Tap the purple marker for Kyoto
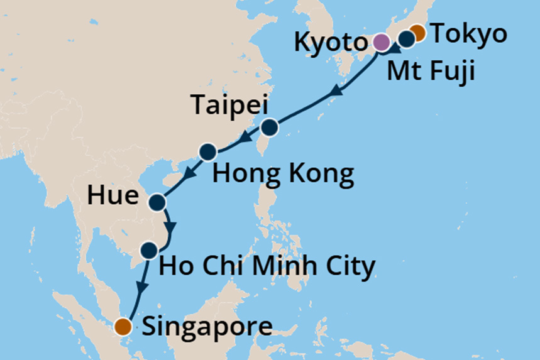coord(381,43)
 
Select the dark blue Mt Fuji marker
coord(407,39)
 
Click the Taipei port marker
coord(269,128)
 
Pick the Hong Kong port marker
coord(207,152)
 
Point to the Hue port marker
coord(157,202)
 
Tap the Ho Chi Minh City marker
coord(149,251)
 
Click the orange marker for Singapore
coord(123,326)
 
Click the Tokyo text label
coord(468,34)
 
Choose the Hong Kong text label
coord(283,174)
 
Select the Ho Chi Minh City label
coord(268,266)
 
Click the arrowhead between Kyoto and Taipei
coord(336,92)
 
